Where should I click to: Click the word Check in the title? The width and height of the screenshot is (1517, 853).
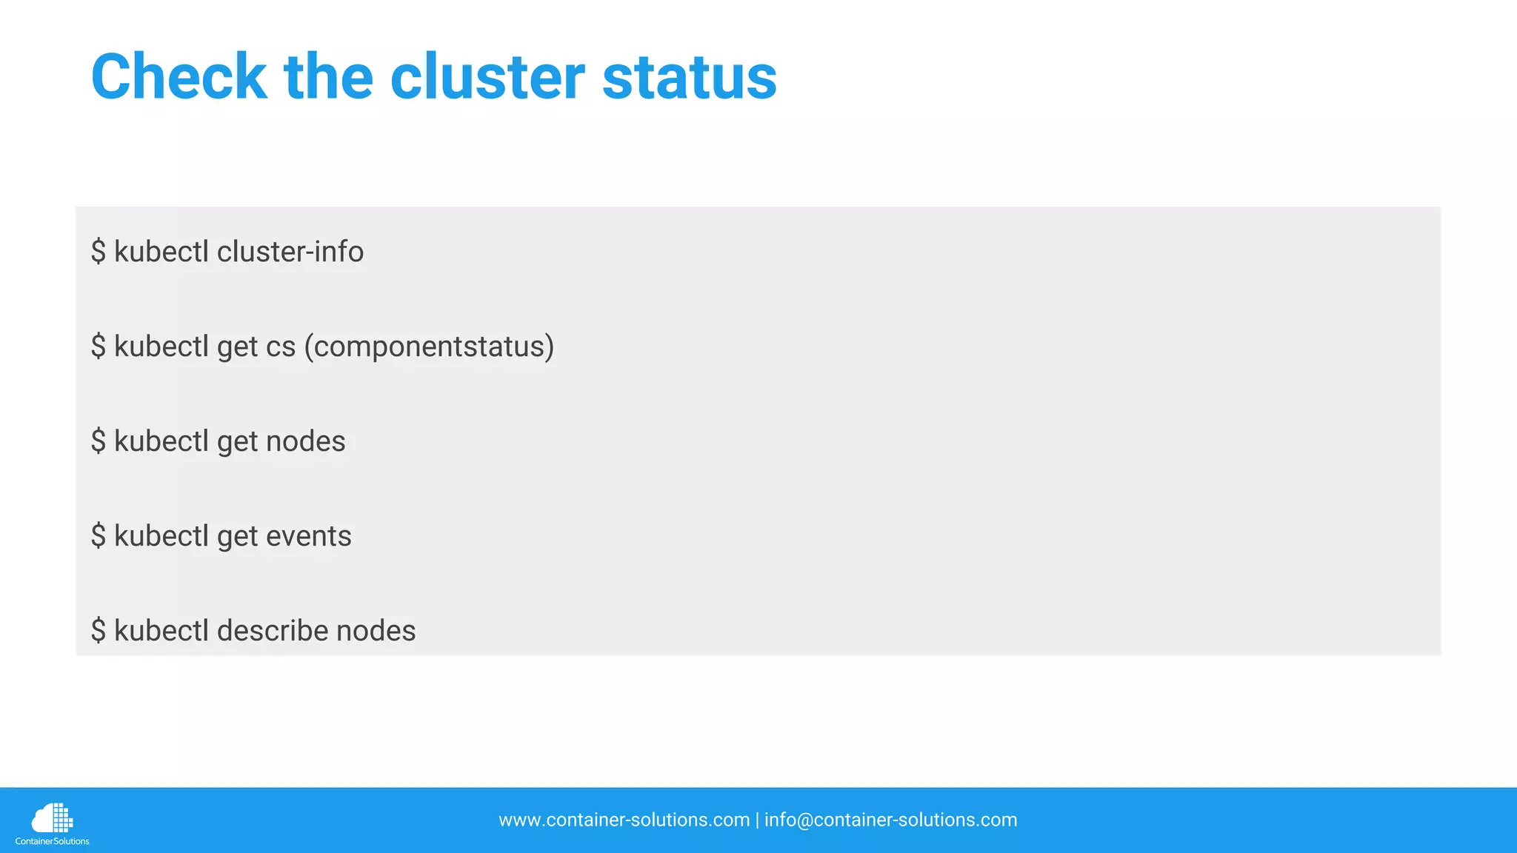pos(179,77)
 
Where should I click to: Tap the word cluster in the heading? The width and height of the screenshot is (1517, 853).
pos(487,77)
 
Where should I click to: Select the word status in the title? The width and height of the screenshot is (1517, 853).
pos(689,77)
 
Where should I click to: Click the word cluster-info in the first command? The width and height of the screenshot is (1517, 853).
pos(290,252)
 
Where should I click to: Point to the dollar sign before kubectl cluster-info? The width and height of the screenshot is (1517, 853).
pos(99,252)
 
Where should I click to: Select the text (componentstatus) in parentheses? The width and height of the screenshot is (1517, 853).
pos(429,347)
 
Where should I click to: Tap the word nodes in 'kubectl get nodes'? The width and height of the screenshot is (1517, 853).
pos(305,441)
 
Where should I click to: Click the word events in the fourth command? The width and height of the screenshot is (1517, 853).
pos(308,536)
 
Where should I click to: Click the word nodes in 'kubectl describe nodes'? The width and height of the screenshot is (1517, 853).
pos(376,631)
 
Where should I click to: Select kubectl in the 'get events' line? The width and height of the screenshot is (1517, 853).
pos(161,536)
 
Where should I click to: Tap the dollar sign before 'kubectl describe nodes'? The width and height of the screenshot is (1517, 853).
pos(99,631)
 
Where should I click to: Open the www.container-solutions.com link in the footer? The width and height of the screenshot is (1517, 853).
pos(624,820)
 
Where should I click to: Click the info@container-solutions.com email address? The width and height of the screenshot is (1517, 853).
pos(890,820)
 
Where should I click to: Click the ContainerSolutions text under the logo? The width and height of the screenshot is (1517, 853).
pos(52,841)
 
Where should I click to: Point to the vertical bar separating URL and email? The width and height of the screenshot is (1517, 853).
pos(757,820)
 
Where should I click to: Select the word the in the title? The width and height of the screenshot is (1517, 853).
pos(328,77)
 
